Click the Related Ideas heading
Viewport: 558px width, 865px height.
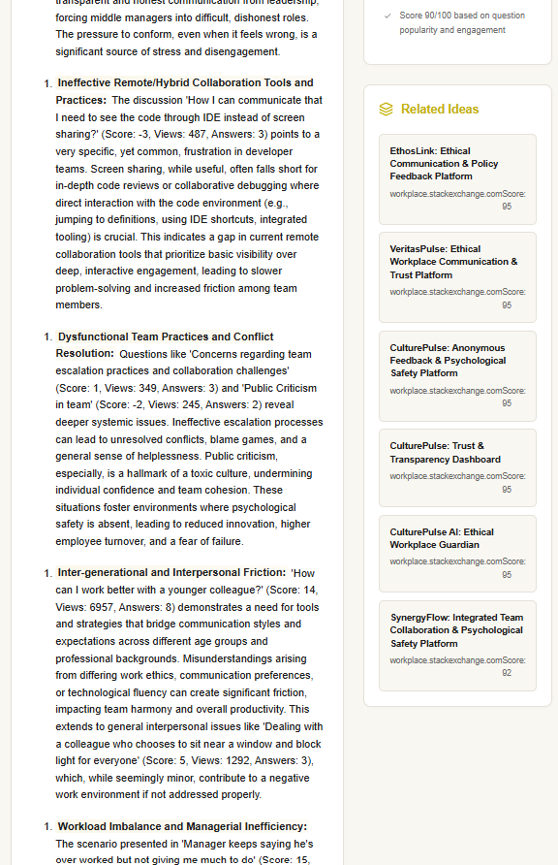(439, 110)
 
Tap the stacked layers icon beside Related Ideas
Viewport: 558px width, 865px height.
(387, 110)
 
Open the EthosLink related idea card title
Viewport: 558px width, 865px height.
(444, 164)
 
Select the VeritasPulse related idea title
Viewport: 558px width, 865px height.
(453, 262)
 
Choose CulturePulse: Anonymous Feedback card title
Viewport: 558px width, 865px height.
(448, 360)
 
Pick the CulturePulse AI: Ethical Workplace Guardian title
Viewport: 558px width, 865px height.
(442, 538)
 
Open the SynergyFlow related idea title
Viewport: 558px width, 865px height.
(456, 630)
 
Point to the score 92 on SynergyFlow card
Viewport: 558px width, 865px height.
(507, 672)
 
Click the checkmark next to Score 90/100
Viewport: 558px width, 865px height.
(387, 16)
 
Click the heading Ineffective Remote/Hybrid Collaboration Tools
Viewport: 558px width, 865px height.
(184, 83)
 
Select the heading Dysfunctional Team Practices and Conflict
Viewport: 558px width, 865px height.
(166, 337)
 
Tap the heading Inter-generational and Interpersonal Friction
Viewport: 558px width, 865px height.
(171, 573)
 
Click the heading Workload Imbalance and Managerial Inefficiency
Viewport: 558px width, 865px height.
(182, 827)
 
